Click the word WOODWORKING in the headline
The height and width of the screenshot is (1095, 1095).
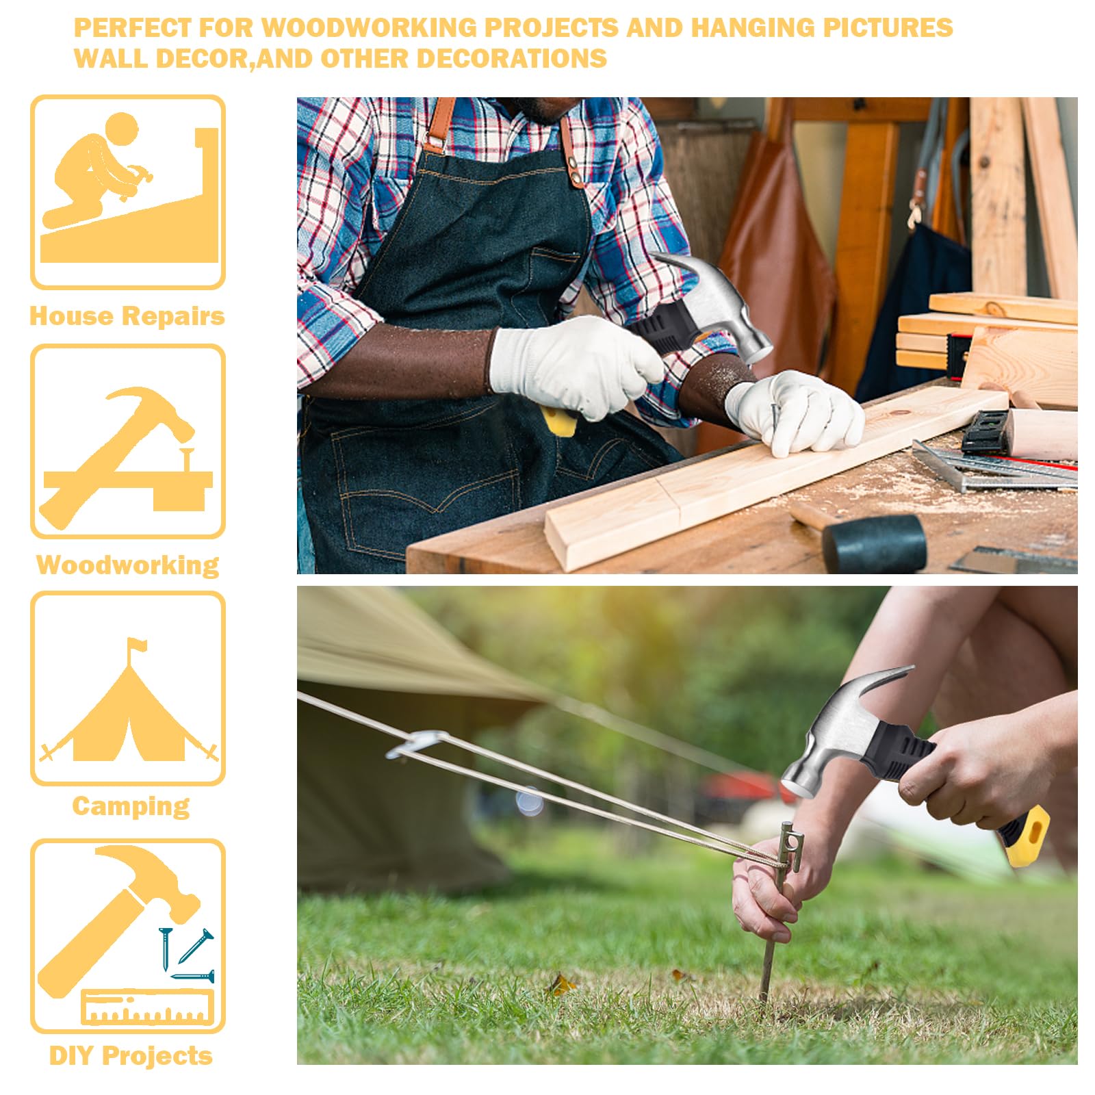pos(369,28)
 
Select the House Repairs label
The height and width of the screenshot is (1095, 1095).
pos(127,316)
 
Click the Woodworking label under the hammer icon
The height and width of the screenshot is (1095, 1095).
pos(128,565)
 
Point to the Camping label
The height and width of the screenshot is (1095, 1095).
pos(131,806)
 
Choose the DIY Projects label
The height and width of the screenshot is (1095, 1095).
pos(131,1056)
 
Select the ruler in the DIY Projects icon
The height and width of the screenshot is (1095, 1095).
pos(147,1007)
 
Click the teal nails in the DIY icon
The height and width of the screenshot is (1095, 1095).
pos(186,954)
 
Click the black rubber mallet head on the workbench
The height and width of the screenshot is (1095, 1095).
pos(874,543)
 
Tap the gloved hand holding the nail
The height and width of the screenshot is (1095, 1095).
pos(795,411)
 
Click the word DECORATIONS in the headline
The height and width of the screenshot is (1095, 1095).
pos(512,59)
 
